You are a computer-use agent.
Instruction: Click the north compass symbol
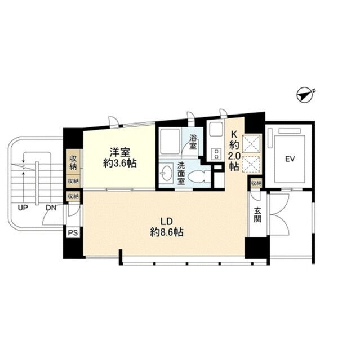[305, 94]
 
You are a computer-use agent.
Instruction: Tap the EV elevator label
[290, 159]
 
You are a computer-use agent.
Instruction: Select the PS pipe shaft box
[73, 233]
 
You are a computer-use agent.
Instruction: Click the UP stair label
[23, 208]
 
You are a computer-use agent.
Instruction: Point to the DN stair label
[51, 208]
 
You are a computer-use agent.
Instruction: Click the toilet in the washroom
[199, 177]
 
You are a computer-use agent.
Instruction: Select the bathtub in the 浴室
[170, 142]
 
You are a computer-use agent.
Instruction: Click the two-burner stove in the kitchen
[216, 154]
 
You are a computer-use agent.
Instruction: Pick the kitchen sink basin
[216, 130]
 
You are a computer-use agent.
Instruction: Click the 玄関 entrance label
[257, 215]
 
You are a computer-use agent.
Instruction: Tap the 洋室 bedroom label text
[120, 152]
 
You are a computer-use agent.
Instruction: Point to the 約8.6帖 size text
[167, 232]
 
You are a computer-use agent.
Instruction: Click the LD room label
[167, 222]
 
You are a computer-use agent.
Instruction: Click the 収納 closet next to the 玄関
[256, 183]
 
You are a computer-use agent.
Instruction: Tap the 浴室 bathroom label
[193, 143]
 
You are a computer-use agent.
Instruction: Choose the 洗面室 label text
[181, 173]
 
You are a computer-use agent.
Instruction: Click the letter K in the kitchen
[234, 134]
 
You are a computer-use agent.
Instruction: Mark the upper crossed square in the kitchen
[252, 144]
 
